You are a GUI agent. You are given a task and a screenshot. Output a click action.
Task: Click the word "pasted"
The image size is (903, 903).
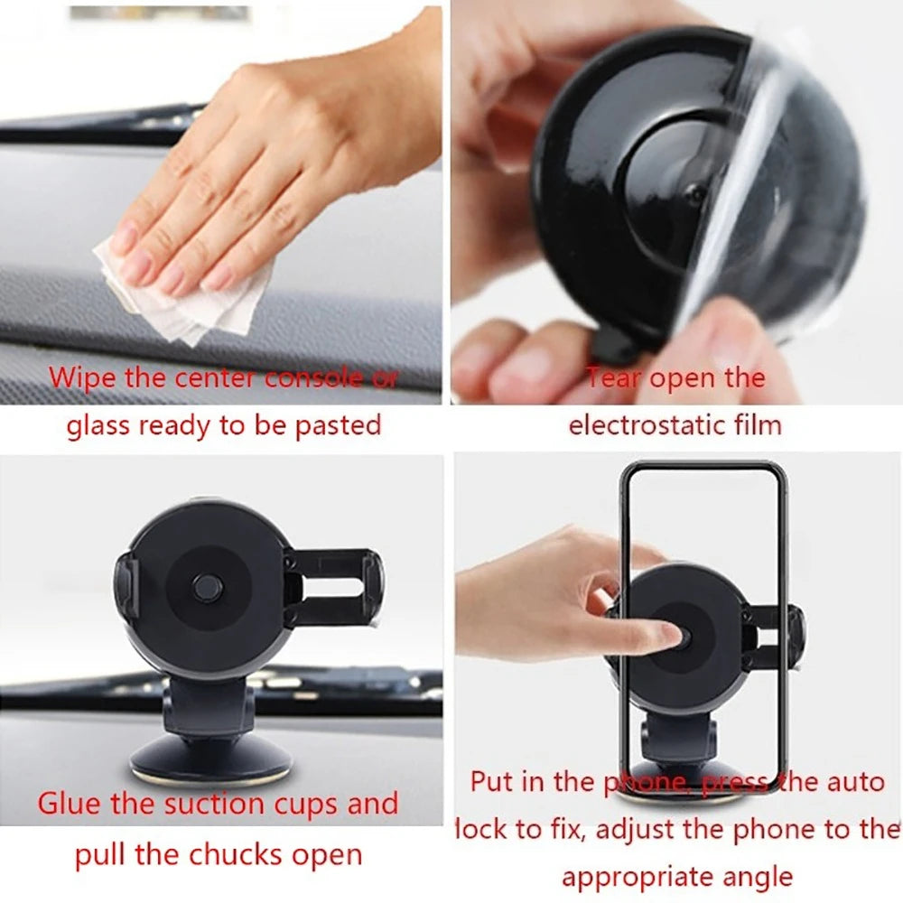pyautogui.click(x=338, y=425)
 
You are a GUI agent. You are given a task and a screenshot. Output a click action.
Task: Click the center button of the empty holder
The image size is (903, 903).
pyautogui.click(x=208, y=588)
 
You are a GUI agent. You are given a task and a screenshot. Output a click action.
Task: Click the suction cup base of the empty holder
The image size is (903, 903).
pyautogui.click(x=210, y=759)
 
